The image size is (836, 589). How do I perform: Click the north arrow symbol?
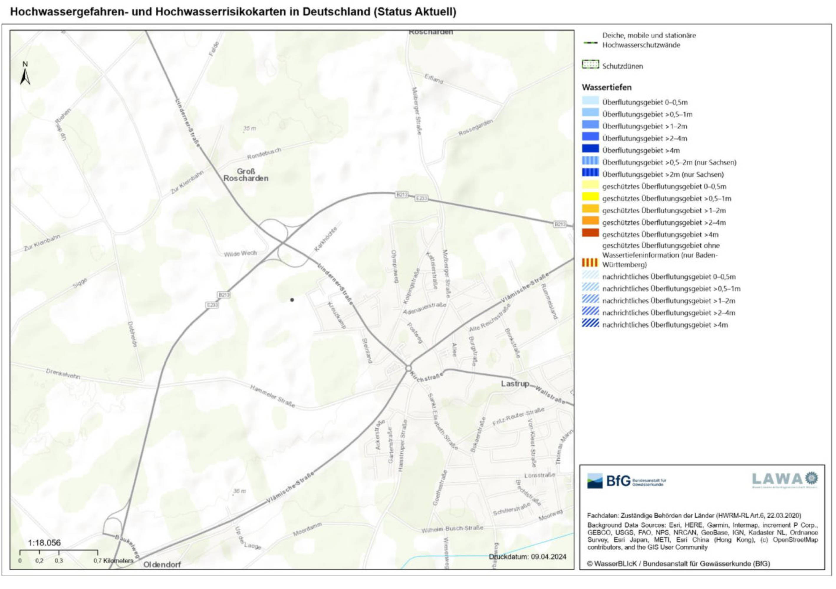[25, 74]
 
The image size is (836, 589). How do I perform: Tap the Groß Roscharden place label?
[246, 175]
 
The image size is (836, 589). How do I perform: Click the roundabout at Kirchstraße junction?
[409, 368]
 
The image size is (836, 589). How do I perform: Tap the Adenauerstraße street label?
[424, 308]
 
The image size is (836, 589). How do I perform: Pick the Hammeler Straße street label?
[272, 396]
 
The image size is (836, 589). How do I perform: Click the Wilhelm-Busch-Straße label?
[452, 529]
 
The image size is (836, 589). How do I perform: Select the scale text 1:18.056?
[45, 543]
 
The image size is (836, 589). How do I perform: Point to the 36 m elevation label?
[239, 491]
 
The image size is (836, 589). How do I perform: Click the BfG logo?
[626, 481]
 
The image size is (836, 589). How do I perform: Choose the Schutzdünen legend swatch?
[590, 65]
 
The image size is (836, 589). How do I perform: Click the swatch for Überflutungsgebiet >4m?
[590, 149]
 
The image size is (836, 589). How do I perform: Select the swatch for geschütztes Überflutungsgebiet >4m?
[590, 233]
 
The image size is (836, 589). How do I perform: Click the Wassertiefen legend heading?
[607, 88]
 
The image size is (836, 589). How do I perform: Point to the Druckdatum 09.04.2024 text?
[527, 557]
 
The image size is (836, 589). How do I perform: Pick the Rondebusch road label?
[264, 154]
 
